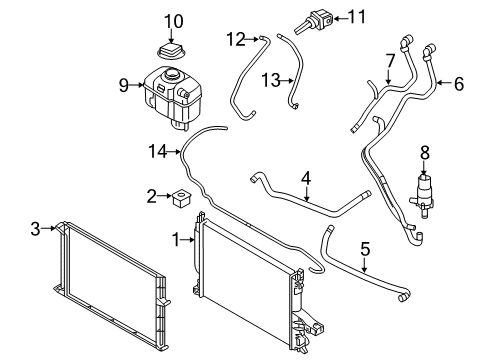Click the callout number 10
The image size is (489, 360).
[x=174, y=20]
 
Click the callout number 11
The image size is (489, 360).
[x=356, y=17]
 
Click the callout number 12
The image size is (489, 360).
[x=235, y=39]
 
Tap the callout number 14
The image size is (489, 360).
[x=154, y=152]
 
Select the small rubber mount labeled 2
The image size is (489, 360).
[x=183, y=197]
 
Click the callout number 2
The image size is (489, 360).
[x=151, y=196]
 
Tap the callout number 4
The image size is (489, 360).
[x=306, y=179]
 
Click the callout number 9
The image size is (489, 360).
[x=125, y=86]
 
